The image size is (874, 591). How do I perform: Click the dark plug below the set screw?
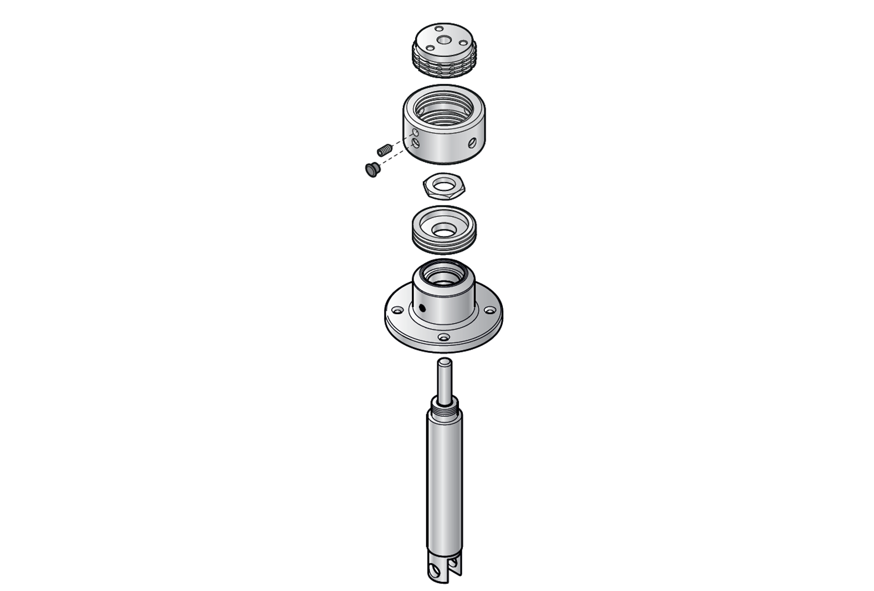tap(371, 169)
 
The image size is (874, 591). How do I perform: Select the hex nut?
tap(444, 186)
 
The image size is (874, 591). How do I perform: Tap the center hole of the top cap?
tap(444, 40)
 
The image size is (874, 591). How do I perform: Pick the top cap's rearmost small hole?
tap(439, 29)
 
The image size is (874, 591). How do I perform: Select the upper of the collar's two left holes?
tap(415, 133)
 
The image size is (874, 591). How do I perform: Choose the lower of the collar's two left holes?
tap(416, 144)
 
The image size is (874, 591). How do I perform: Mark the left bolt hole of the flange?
tap(398, 309)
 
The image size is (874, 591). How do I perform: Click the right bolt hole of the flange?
tap(491, 310)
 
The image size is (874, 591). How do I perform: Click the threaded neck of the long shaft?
tap(444, 410)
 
